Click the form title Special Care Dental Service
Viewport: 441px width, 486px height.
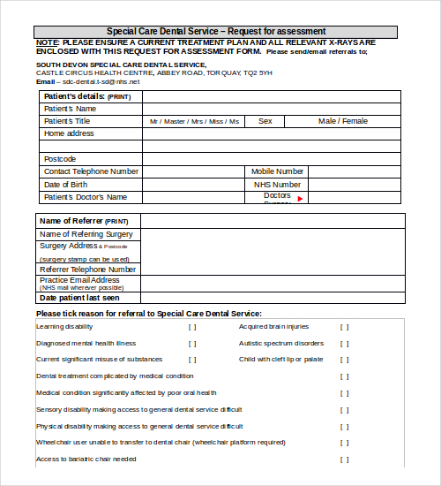click(216, 32)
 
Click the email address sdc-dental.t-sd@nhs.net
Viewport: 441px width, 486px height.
click(87, 81)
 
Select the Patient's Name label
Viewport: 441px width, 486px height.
click(70, 108)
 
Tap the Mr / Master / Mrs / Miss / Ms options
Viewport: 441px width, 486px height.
click(194, 121)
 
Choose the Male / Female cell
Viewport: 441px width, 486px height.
click(343, 121)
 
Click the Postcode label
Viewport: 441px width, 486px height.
click(60, 159)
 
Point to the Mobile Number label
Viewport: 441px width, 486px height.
click(277, 171)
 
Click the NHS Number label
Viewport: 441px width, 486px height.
click(277, 185)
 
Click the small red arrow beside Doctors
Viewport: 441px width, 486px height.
click(300, 199)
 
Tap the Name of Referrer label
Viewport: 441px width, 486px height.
click(84, 221)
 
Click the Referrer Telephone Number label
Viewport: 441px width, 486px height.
click(87, 269)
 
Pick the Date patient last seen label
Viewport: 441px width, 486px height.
click(80, 298)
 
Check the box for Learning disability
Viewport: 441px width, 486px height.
click(192, 327)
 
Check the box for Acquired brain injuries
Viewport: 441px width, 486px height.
click(345, 327)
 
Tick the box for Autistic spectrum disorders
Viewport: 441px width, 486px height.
click(345, 344)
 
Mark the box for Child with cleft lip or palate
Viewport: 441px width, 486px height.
click(345, 360)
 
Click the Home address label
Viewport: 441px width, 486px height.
click(69, 133)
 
